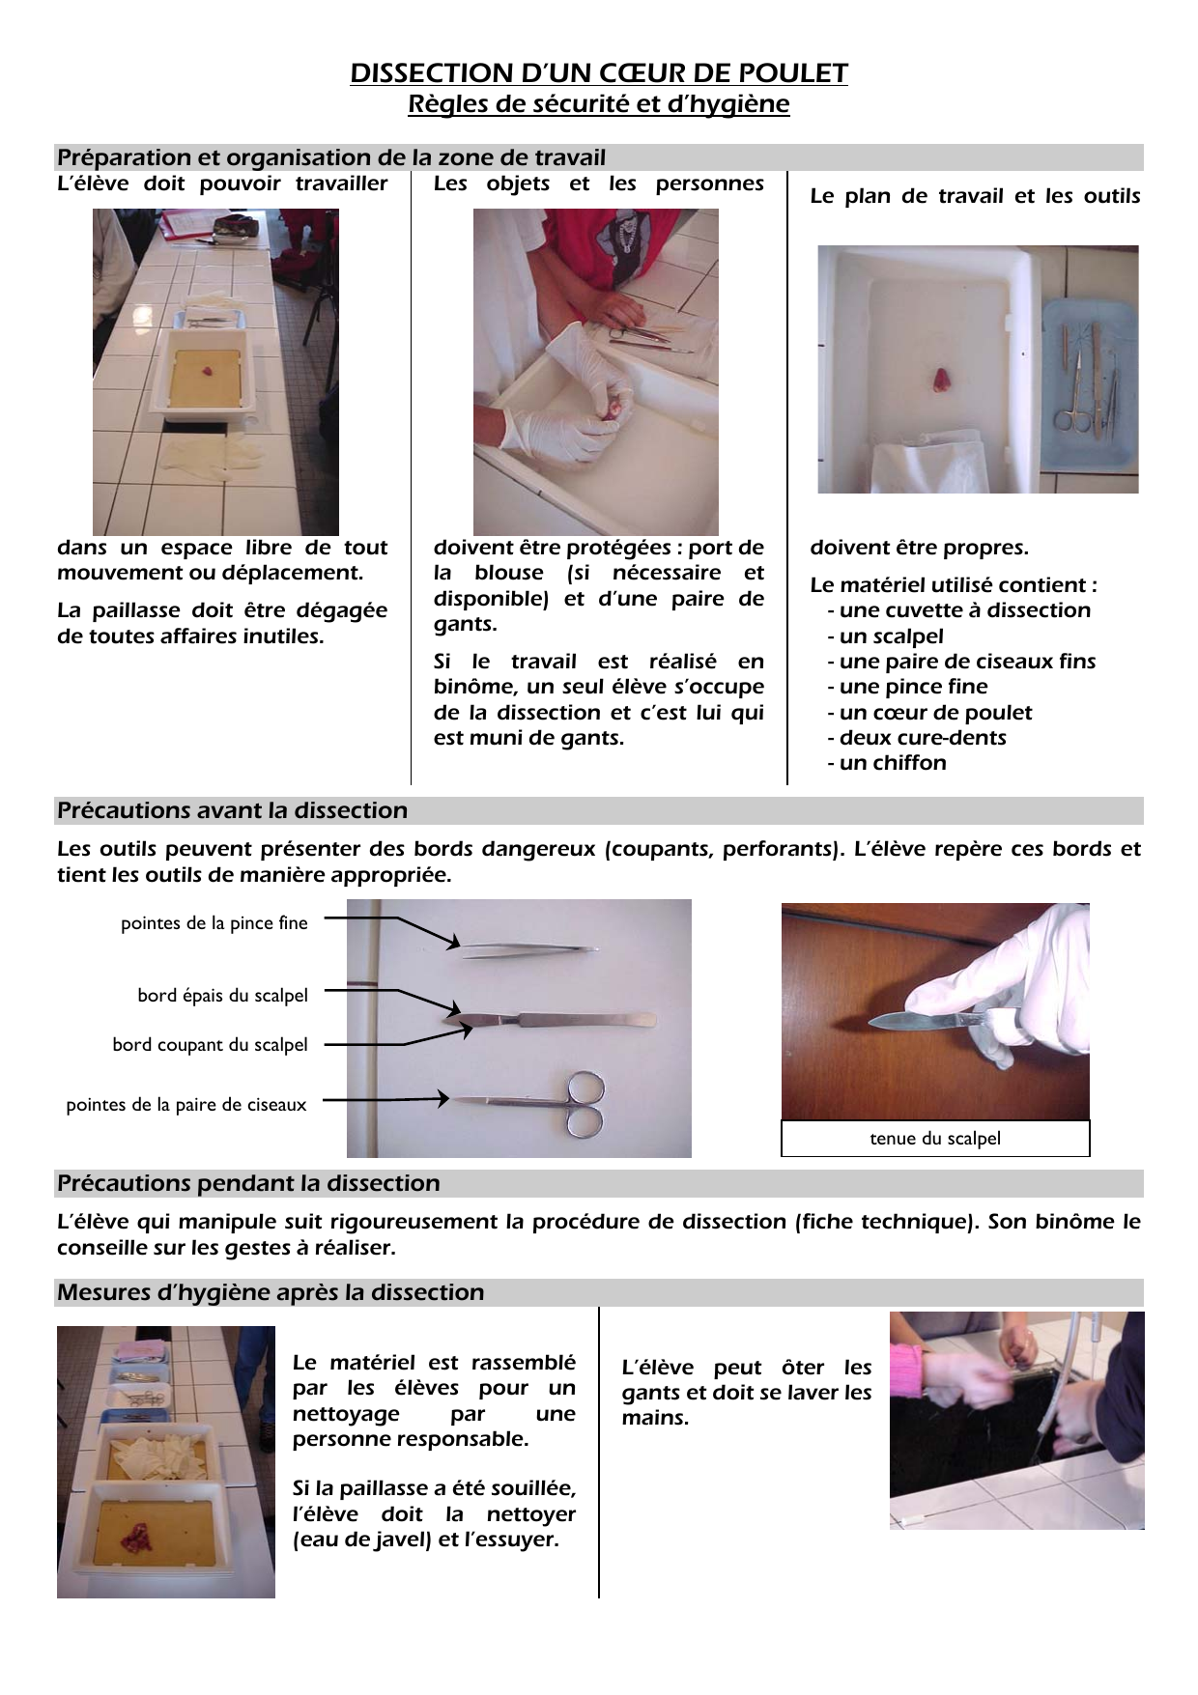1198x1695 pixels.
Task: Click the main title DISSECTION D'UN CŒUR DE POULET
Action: tap(599, 73)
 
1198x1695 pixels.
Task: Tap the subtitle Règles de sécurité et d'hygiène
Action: tap(599, 104)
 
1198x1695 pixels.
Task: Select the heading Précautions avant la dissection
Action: tap(232, 810)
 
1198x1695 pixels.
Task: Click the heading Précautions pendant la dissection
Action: tap(248, 1183)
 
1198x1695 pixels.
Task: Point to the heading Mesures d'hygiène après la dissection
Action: tap(271, 1292)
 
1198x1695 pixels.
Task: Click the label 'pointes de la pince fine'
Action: tap(214, 923)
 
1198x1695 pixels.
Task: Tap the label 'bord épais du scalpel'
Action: tap(222, 996)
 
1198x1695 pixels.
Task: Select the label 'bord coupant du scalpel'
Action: tap(210, 1045)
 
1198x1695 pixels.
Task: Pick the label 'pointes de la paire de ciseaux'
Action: tap(186, 1105)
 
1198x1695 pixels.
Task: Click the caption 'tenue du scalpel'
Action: tap(935, 1139)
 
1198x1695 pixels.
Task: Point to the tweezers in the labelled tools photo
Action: tap(529, 951)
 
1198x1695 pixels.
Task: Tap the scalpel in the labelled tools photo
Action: tap(551, 1019)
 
